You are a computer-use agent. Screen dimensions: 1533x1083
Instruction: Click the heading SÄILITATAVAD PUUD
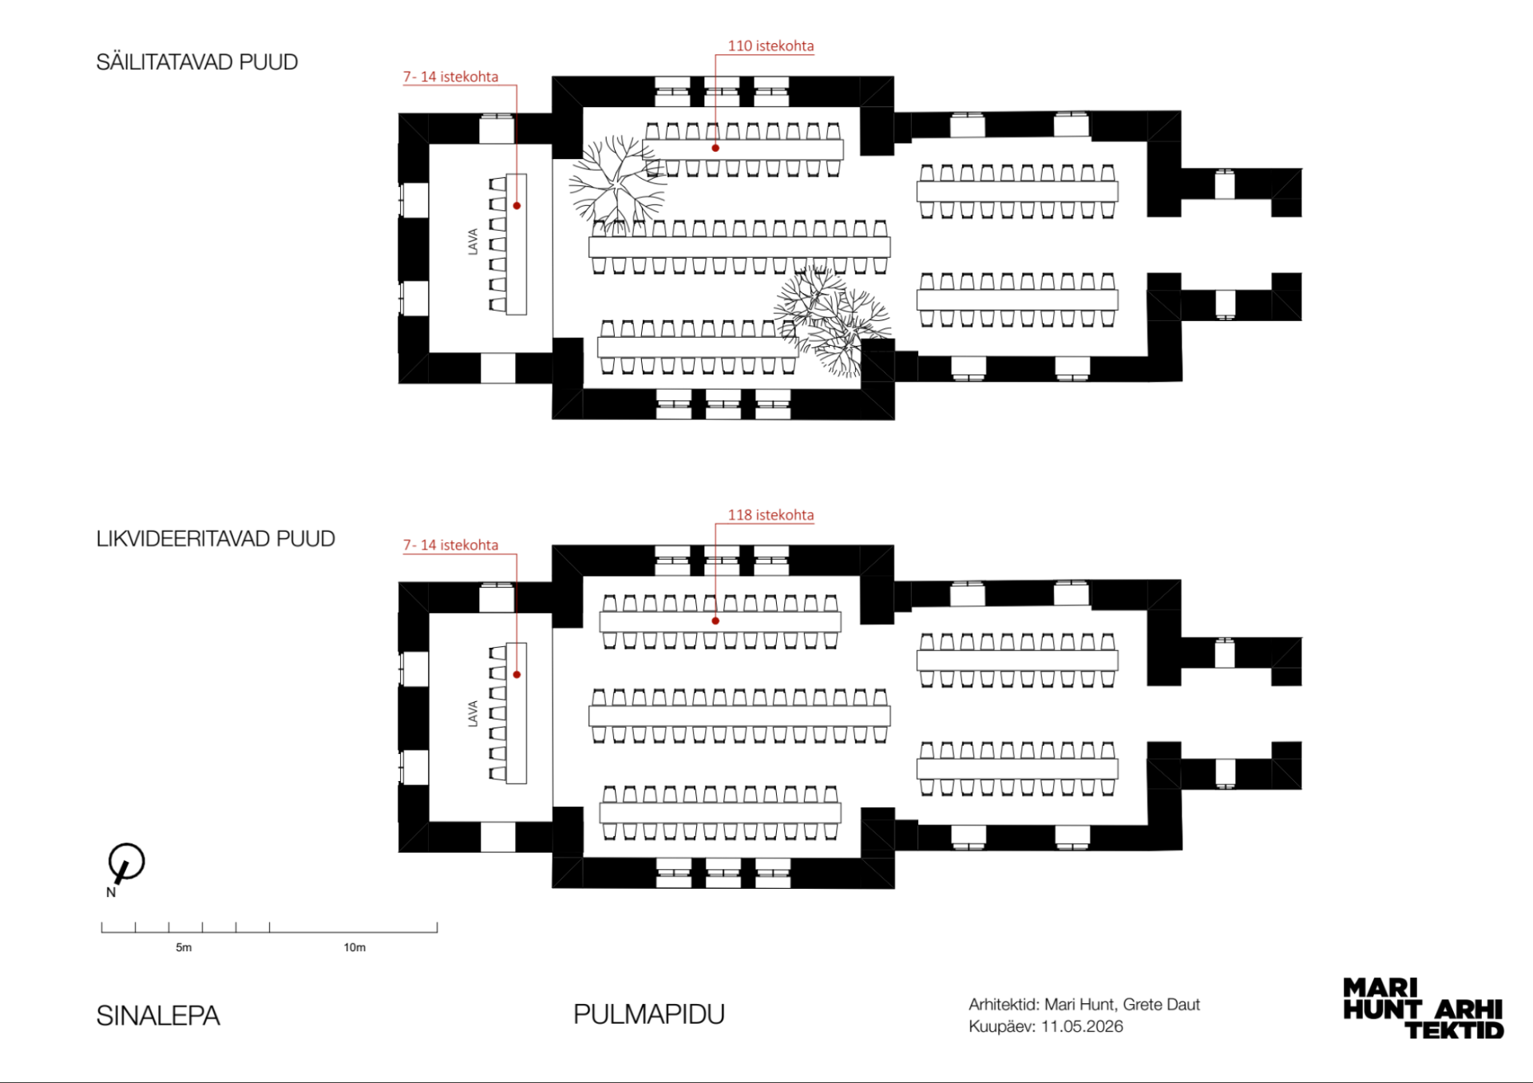[x=197, y=62]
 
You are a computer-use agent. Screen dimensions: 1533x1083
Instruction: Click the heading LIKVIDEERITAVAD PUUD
[x=216, y=539]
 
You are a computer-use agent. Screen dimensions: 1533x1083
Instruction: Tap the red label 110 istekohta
[x=770, y=46]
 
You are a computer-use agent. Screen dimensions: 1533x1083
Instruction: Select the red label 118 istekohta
[x=770, y=515]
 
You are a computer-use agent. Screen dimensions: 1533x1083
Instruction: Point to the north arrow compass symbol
[x=125, y=863]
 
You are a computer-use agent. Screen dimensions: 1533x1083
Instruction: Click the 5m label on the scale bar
[x=184, y=947]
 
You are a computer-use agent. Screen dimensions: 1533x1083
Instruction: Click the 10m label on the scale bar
[x=355, y=947]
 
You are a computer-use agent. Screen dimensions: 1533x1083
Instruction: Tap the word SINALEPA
[x=158, y=1016]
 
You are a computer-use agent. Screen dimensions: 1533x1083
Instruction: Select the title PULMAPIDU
[x=649, y=1014]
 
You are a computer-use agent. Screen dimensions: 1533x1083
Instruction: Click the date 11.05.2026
[x=1082, y=1026]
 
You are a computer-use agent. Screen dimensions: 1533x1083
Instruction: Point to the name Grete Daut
[x=1162, y=1005]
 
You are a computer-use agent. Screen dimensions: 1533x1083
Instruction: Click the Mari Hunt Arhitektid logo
[x=1424, y=1009]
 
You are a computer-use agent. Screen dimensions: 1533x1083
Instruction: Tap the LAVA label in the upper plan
[x=473, y=241]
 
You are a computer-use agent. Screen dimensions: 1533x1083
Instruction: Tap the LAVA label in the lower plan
[x=473, y=713]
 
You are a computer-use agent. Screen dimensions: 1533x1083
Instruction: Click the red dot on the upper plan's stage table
[x=517, y=206]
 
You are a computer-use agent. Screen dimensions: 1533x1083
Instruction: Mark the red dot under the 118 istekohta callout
[x=715, y=621]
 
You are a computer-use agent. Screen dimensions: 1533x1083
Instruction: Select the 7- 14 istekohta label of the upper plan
[x=450, y=77]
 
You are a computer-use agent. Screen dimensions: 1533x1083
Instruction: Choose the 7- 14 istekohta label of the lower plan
[x=450, y=545]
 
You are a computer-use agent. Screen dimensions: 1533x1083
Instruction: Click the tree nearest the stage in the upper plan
[x=617, y=183]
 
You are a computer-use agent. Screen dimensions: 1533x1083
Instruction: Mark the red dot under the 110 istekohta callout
[x=715, y=148]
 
